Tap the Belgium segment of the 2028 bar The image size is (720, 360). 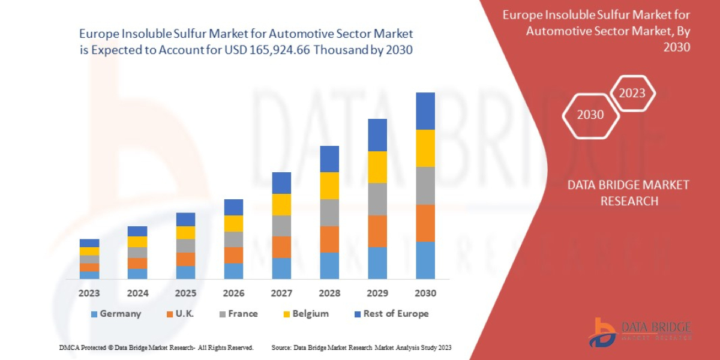click(x=329, y=185)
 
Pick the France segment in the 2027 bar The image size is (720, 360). click(x=281, y=226)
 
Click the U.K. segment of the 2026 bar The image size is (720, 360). click(x=233, y=255)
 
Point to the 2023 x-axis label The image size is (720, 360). click(x=89, y=293)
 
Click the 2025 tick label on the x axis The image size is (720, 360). click(x=185, y=293)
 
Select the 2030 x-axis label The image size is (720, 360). click(x=425, y=293)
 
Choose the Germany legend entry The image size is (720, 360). click(x=116, y=314)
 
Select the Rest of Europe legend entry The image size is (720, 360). click(x=391, y=314)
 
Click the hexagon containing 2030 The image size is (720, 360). click(x=590, y=115)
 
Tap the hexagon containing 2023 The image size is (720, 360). click(x=632, y=93)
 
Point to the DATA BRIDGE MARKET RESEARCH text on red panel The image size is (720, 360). click(x=628, y=193)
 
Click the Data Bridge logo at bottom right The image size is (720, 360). click(x=638, y=332)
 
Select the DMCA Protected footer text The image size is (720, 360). click(x=156, y=347)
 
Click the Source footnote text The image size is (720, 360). click(x=361, y=347)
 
